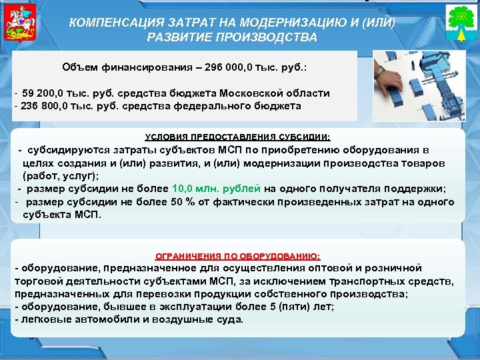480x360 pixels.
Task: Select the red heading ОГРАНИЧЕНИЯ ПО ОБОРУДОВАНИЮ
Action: pos(238,255)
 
